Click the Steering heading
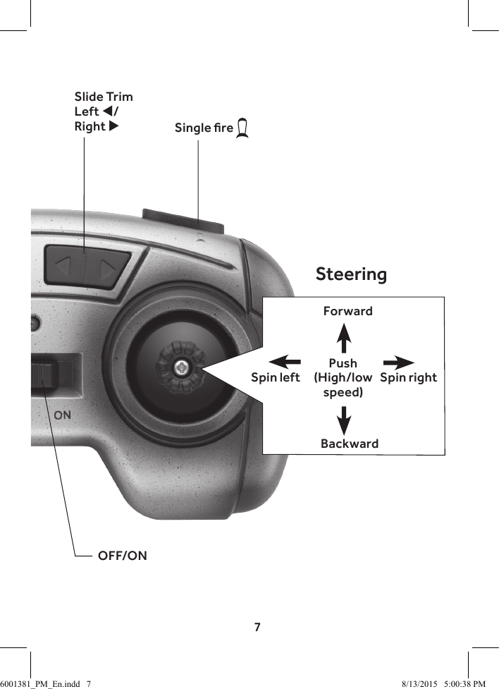click(351, 274)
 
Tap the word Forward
click(347, 311)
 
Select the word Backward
click(349, 444)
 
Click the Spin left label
click(275, 377)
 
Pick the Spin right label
click(408, 377)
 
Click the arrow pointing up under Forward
click(344, 337)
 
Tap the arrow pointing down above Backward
click(344, 420)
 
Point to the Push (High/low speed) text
click(343, 377)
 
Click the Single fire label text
click(204, 128)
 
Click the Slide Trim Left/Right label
click(103, 111)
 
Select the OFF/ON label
click(122, 556)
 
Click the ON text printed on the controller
click(62, 415)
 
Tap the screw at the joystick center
click(182, 366)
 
